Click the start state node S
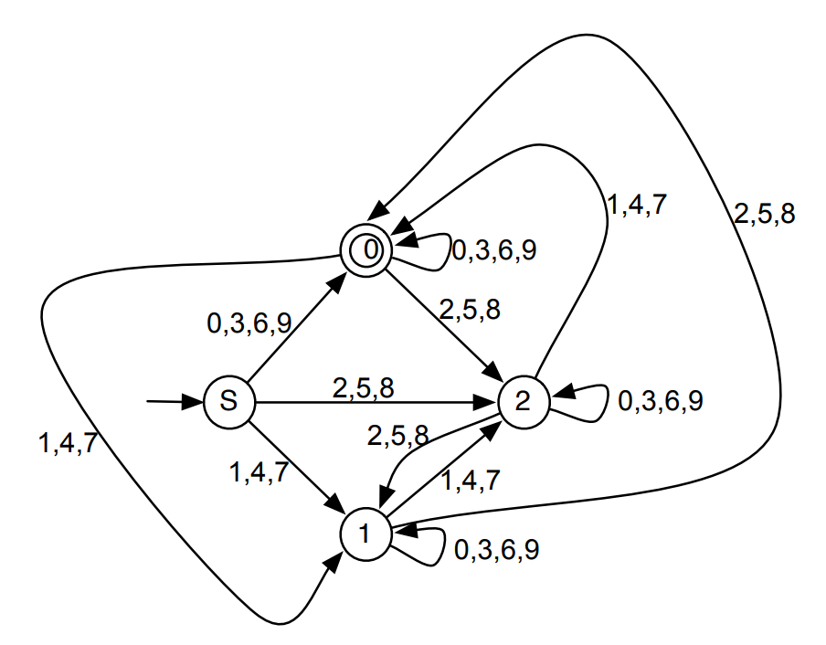click(x=228, y=400)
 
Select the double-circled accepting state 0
click(x=366, y=247)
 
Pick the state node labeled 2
click(x=524, y=401)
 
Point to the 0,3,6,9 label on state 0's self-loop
click(x=493, y=249)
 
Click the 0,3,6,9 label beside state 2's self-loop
click(x=661, y=401)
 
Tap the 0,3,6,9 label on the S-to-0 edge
click(x=250, y=322)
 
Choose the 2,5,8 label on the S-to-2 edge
click(x=364, y=387)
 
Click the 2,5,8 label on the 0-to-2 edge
click(x=469, y=310)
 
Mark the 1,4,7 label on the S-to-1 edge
click(x=260, y=472)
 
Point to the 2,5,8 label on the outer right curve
click(x=764, y=215)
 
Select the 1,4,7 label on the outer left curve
click(x=68, y=444)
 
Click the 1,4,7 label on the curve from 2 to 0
click(x=637, y=205)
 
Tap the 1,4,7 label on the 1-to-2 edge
click(x=471, y=481)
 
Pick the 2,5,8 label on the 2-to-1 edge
click(x=397, y=435)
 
